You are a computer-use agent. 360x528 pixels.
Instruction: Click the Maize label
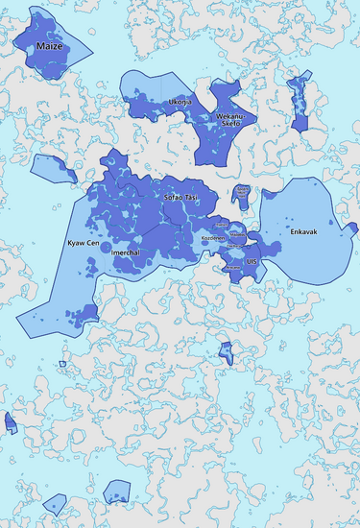[47, 45]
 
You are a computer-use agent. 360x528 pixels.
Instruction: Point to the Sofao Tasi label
[180, 196]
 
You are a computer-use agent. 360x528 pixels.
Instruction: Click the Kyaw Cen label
[83, 243]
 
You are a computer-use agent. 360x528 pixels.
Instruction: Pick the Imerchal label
[128, 252]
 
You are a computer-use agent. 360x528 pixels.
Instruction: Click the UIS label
[252, 261]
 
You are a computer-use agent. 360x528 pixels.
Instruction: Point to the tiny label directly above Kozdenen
[220, 225]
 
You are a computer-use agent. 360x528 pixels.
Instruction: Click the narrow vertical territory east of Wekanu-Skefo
[297, 102]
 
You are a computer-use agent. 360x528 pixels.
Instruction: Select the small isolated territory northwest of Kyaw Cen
[52, 169]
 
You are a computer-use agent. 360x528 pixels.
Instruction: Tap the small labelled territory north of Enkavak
[243, 193]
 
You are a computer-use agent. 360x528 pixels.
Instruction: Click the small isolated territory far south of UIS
[227, 351]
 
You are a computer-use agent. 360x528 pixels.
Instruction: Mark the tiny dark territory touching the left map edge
[10, 422]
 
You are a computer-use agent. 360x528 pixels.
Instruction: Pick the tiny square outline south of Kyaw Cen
[62, 364]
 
